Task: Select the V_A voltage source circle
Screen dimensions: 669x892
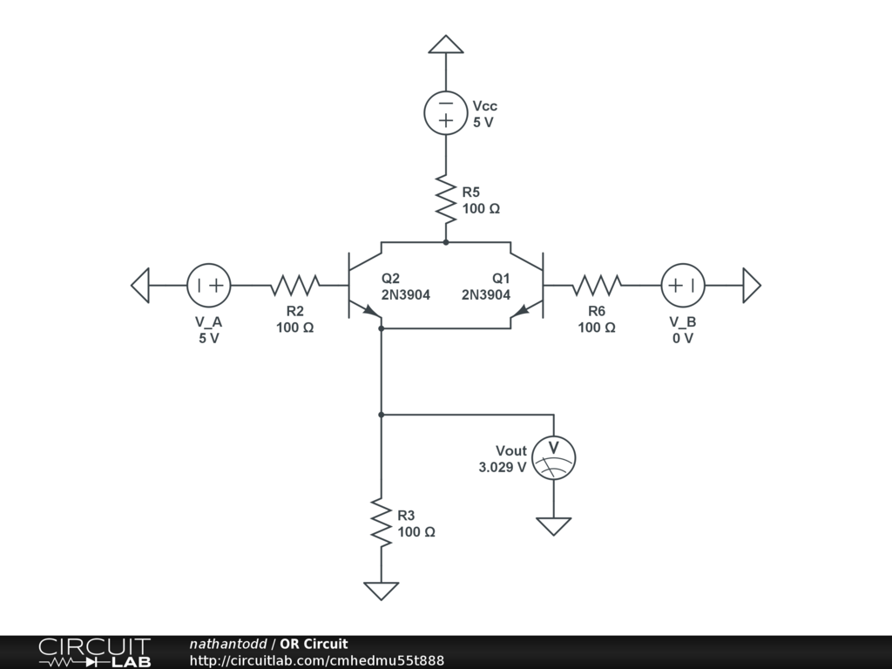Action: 209,285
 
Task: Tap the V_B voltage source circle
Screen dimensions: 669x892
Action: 682,285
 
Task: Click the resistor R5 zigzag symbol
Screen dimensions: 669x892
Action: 446,199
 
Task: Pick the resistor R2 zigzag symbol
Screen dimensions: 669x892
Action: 295,285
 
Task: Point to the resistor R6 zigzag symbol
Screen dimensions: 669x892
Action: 597,285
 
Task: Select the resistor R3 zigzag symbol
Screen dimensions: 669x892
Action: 381,523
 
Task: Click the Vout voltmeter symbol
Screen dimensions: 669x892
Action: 554,457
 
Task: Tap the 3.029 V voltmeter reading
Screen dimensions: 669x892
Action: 502,467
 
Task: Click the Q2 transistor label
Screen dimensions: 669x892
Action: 390,279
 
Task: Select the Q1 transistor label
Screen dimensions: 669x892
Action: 501,279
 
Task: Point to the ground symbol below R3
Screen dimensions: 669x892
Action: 381,591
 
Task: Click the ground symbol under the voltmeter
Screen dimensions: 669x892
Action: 554,526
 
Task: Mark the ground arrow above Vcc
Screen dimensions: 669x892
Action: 446,44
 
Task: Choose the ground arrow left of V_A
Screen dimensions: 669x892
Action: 140,285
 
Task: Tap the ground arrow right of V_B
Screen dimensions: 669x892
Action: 752,285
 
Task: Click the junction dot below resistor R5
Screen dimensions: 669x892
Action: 446,242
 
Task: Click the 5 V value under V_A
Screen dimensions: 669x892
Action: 209,338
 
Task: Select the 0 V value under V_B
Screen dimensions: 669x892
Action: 682,338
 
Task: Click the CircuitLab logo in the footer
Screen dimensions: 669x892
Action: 94,652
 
